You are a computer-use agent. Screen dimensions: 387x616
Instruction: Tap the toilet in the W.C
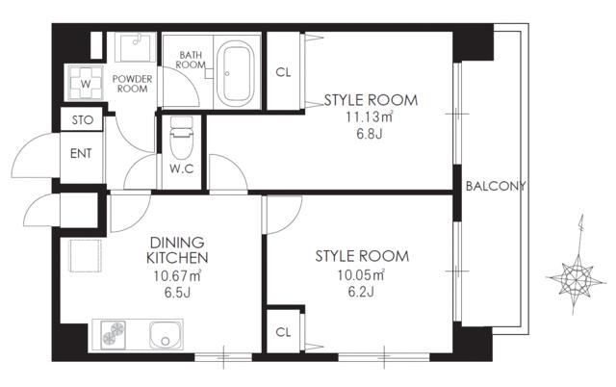180,142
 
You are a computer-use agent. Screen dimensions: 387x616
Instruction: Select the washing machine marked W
86,82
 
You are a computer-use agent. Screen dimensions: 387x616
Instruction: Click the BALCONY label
495,187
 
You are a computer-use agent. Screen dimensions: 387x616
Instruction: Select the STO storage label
81,121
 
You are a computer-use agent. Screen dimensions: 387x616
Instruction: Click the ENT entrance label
81,153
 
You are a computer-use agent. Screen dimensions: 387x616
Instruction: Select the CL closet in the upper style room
283,72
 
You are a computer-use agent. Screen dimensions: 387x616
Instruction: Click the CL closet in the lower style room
283,332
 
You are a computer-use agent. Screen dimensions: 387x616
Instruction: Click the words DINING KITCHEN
179,251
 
